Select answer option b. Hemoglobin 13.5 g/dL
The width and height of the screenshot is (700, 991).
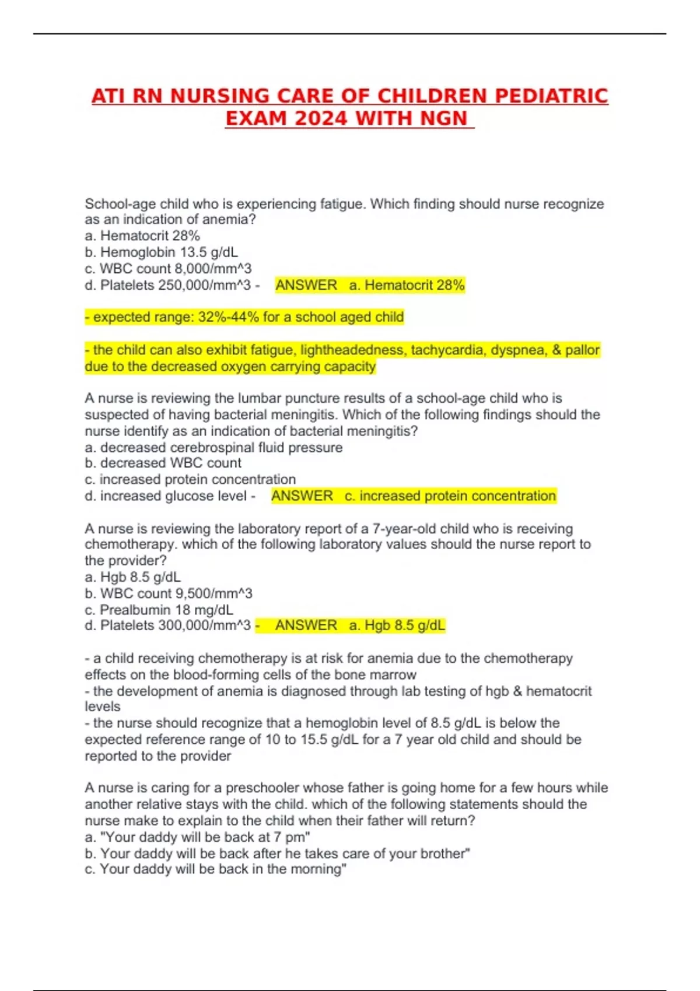click(x=162, y=252)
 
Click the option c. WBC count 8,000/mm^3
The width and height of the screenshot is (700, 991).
click(x=168, y=269)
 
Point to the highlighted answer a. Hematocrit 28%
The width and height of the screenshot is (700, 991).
click(x=407, y=286)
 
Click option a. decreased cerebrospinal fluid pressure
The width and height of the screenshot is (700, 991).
click(x=213, y=448)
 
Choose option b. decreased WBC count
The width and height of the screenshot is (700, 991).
click(x=163, y=463)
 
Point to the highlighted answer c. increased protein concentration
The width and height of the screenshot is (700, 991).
click(x=450, y=496)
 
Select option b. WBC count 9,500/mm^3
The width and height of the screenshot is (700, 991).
click(x=169, y=593)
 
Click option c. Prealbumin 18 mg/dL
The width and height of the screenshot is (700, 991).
click(x=159, y=610)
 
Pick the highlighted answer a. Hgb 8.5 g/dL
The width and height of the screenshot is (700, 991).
click(x=397, y=626)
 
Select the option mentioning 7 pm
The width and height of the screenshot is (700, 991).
click(x=197, y=838)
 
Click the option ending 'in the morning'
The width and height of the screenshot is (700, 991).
click(x=215, y=869)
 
